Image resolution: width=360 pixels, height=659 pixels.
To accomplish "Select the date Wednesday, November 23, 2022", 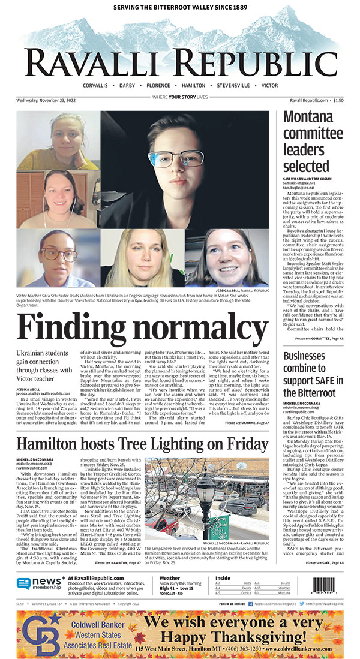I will tap(46, 100).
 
